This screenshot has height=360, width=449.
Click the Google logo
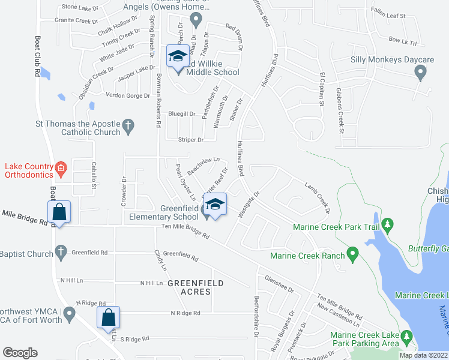click(20, 353)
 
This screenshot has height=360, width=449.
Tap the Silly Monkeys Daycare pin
click(420, 73)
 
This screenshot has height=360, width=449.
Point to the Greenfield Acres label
click(196, 287)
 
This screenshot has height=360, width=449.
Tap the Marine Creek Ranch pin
click(353, 255)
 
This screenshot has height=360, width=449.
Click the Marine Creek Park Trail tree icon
click(387, 226)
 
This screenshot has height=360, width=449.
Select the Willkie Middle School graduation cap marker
click(177, 56)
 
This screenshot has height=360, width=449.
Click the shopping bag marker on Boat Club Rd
click(59, 212)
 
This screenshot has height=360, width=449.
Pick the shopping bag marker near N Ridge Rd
click(109, 318)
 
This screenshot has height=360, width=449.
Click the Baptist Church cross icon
click(61, 252)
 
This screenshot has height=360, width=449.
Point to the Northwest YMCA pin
click(70, 313)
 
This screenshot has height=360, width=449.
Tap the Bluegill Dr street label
click(182, 113)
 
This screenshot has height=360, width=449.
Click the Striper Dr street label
click(191, 140)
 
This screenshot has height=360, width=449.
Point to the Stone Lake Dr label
click(80, 8)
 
